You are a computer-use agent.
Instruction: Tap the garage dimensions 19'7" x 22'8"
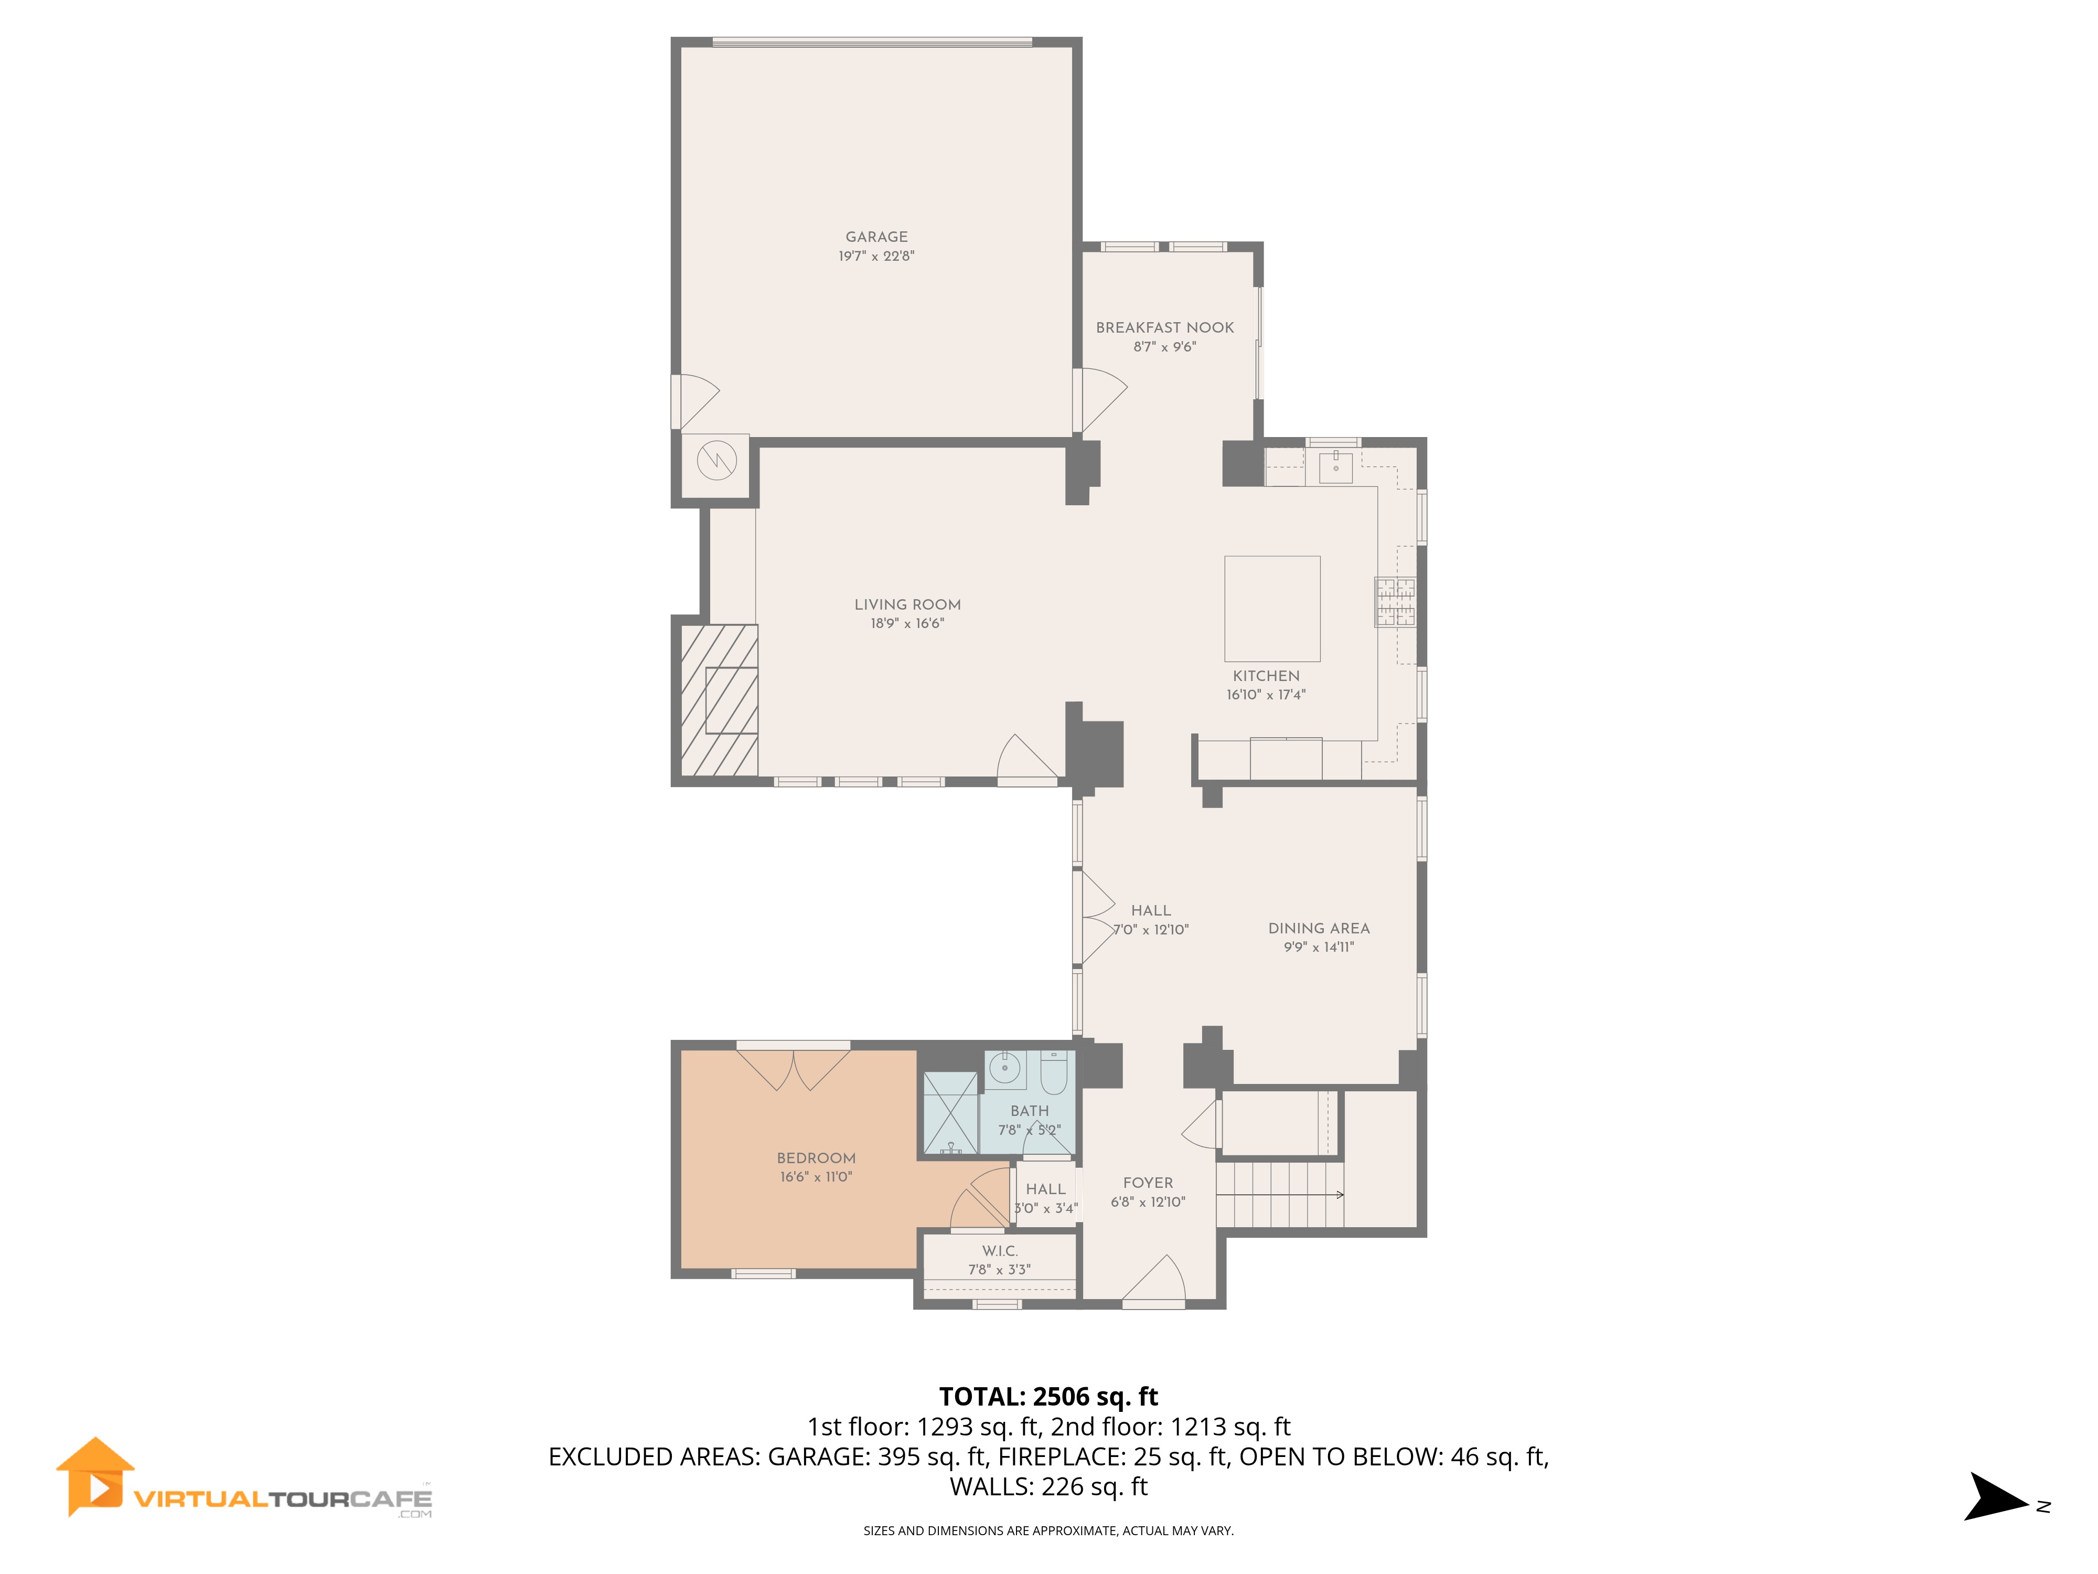tap(876, 256)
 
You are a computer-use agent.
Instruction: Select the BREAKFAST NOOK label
tap(1165, 327)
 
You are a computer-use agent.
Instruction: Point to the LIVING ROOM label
tap(908, 604)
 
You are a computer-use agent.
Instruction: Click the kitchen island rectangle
tap(1272, 608)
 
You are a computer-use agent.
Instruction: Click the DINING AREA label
tap(1319, 928)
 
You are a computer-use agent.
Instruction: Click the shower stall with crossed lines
tap(950, 1113)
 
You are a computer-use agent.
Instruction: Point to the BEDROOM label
tap(816, 1157)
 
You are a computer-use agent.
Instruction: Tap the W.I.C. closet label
tap(1000, 1250)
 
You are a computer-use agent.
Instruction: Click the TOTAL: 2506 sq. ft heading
tap(1048, 1397)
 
